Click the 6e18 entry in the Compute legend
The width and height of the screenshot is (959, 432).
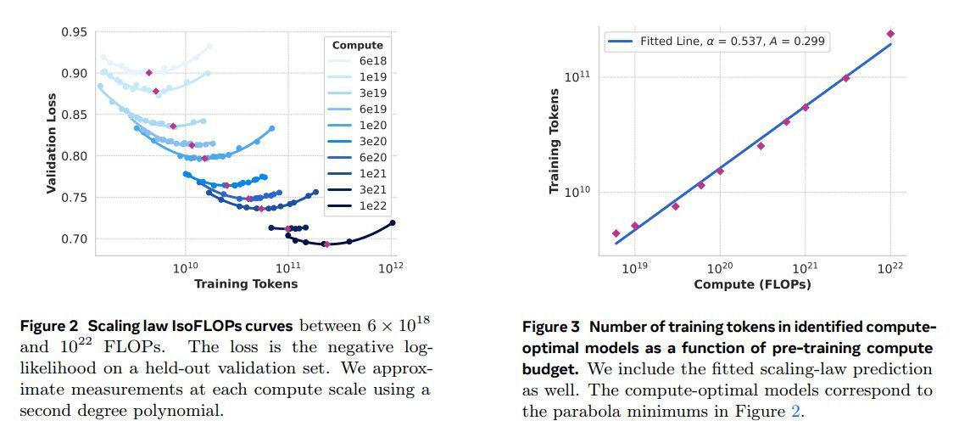pyautogui.click(x=373, y=61)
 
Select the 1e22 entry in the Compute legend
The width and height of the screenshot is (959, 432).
pyautogui.click(x=373, y=206)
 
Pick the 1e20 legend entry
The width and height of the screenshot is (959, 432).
pyautogui.click(x=373, y=126)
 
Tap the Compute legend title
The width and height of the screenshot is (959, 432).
pyautogui.click(x=357, y=45)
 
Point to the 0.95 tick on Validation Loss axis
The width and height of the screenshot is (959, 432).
pyautogui.click(x=73, y=32)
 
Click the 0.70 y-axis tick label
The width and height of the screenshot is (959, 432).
pyautogui.click(x=73, y=238)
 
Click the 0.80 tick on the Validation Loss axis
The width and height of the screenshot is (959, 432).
pyautogui.click(x=73, y=156)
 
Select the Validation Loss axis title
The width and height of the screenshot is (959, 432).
pyautogui.click(x=51, y=137)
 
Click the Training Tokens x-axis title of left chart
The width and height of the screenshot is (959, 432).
pyautogui.click(x=245, y=283)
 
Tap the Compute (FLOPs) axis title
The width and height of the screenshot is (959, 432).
pyautogui.click(x=752, y=283)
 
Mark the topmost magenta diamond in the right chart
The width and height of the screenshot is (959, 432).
pyautogui.click(x=890, y=34)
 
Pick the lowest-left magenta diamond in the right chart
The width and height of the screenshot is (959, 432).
pyautogui.click(x=616, y=233)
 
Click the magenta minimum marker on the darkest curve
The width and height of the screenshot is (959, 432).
pyautogui.click(x=326, y=244)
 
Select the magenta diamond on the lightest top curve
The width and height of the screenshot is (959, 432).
pyautogui.click(x=149, y=73)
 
